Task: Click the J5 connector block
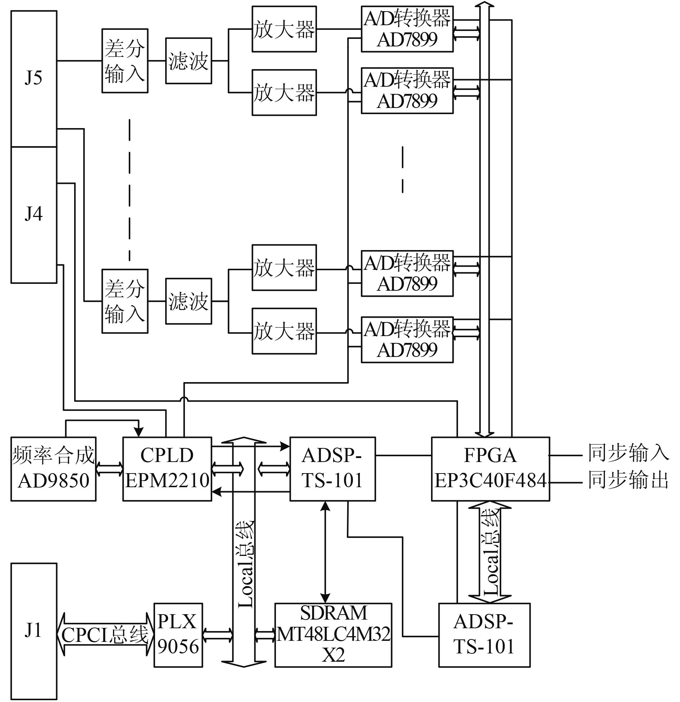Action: click(33, 78)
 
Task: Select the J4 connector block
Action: click(33, 215)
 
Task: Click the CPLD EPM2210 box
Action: click(167, 468)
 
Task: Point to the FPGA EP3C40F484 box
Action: click(490, 468)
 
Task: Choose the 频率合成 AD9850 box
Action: click(53, 468)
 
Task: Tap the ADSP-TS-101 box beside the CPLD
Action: click(332, 468)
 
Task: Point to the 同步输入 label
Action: click(628, 453)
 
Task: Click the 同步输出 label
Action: click(628, 480)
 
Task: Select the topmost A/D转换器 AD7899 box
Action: click(407, 29)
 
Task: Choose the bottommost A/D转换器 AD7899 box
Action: click(407, 339)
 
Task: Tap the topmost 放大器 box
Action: click(284, 29)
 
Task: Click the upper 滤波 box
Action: click(188, 61)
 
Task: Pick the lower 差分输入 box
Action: click(124, 301)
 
